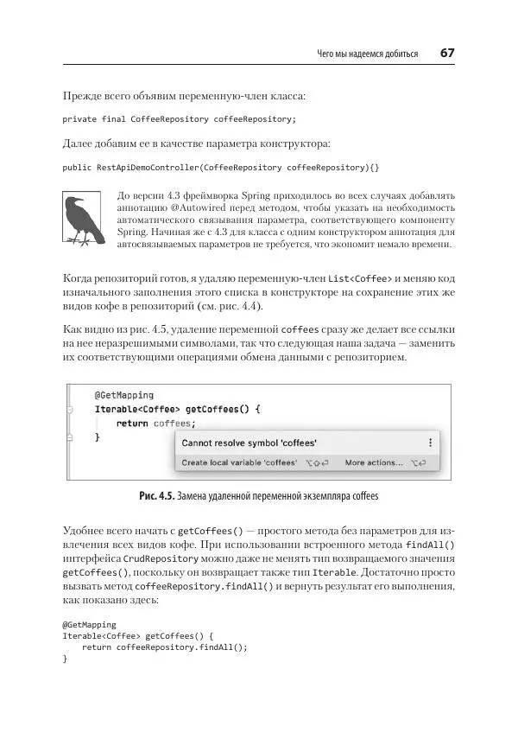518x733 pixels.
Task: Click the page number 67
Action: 447,53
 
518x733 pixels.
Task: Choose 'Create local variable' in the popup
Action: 239,463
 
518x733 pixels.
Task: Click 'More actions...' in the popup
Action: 374,463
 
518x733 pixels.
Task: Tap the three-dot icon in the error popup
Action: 430,443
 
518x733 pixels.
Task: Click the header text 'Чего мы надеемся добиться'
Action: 367,54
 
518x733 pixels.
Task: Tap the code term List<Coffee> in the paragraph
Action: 363,278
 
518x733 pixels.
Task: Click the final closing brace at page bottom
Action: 65,660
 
